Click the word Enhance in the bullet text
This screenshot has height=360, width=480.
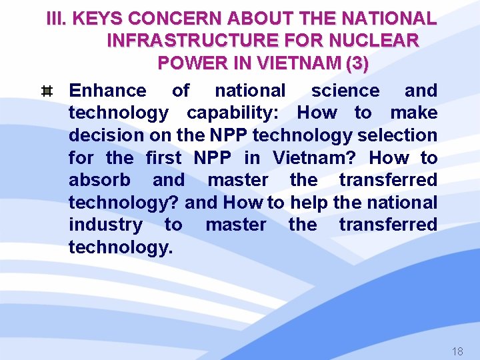pyautogui.click(x=107, y=91)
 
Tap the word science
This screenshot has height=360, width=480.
pyautogui.click(x=345, y=91)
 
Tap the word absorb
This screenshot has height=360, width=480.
pyautogui.click(x=100, y=180)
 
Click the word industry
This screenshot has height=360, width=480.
pyautogui.click(x=105, y=225)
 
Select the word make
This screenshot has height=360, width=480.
pyautogui.click(x=414, y=113)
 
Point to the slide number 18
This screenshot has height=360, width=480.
pyautogui.click(x=457, y=351)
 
